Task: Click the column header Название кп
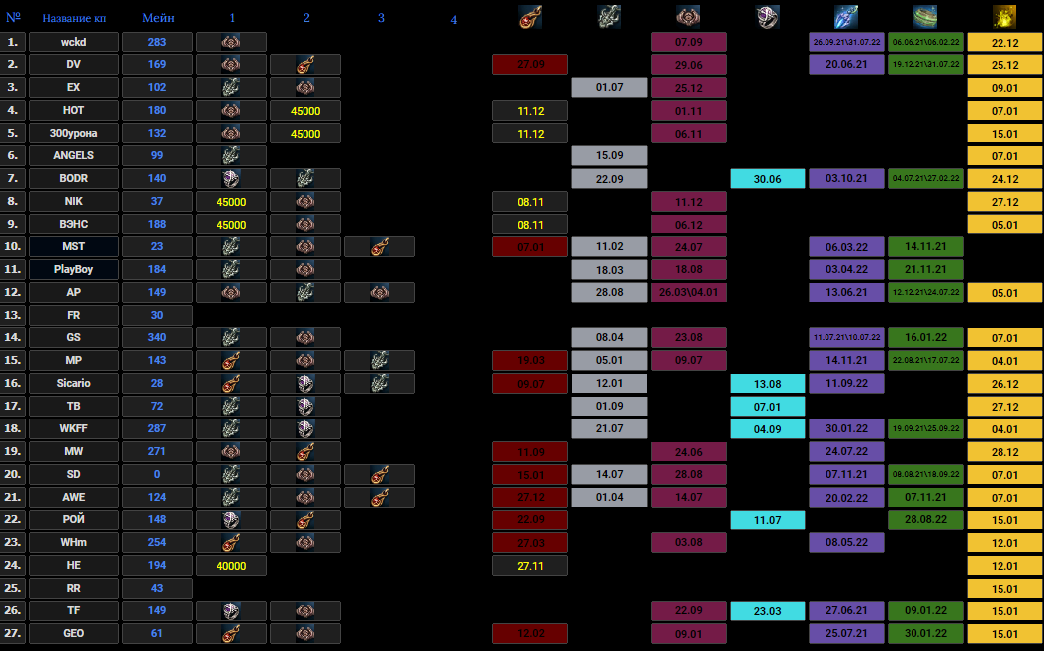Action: pos(74,18)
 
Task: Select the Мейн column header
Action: pos(158,18)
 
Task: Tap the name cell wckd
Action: pos(74,42)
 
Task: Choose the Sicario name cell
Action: pos(74,383)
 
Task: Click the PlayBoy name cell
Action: pos(74,269)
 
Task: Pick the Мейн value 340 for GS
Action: pos(157,337)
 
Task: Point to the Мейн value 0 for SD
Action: pos(157,474)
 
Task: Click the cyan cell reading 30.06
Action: pos(767,178)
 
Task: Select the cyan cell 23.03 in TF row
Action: pos(767,610)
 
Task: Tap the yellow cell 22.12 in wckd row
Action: pos(1003,42)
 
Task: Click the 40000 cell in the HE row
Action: pos(231,565)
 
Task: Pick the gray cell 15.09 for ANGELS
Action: pos(609,155)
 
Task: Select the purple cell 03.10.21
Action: pos(845,178)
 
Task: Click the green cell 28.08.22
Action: pos(924,519)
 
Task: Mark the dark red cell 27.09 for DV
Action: pos(531,64)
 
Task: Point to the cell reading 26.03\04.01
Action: pos(688,292)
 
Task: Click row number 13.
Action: pos(13,315)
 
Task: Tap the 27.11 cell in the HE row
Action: pos(531,565)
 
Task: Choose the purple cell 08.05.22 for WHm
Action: pos(845,542)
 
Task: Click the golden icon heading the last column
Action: pos(1003,17)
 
